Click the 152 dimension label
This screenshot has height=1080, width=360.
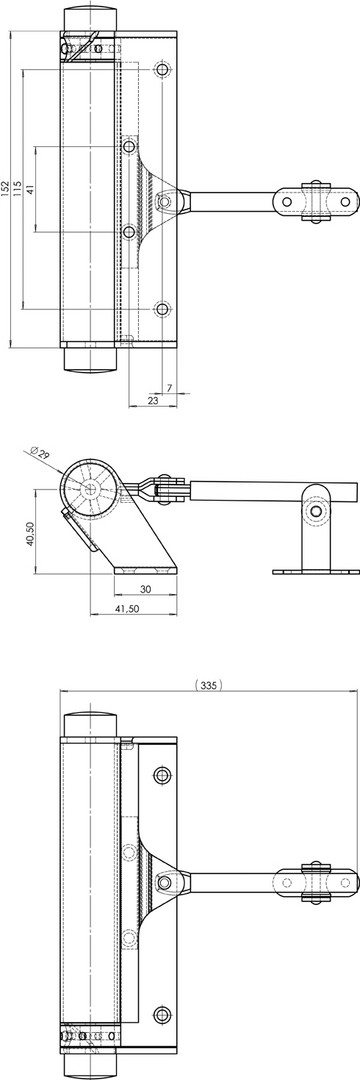click(6, 188)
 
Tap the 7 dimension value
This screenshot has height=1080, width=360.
click(169, 388)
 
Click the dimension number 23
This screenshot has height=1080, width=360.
click(153, 400)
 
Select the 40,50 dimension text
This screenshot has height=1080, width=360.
click(29, 533)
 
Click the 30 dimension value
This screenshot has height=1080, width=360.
click(145, 589)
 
